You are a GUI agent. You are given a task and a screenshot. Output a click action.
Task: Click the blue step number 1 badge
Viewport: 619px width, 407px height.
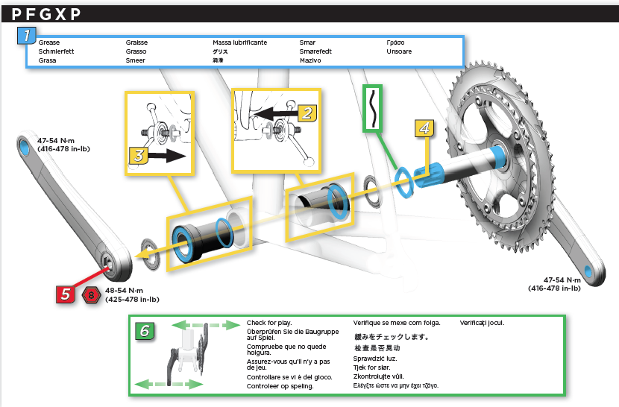click(26, 36)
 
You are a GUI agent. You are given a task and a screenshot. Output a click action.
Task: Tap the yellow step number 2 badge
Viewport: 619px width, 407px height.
click(307, 113)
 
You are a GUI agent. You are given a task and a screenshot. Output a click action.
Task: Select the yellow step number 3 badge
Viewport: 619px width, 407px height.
click(139, 156)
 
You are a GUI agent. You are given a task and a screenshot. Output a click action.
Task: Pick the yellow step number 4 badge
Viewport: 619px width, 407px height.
click(424, 128)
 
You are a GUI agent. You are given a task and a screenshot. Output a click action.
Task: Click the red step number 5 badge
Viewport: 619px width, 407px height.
click(65, 294)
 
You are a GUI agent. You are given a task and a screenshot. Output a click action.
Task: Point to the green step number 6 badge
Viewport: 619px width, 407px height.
click(145, 331)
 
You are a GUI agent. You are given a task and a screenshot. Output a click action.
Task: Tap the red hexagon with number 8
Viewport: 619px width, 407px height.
click(91, 295)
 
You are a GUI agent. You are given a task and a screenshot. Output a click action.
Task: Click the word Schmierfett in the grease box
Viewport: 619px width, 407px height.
click(56, 51)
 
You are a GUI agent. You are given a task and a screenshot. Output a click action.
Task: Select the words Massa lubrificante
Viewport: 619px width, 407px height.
click(239, 42)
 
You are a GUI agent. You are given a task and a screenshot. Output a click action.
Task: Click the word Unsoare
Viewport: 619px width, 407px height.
click(399, 51)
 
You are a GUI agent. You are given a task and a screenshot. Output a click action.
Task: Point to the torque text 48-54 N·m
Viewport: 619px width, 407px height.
click(124, 291)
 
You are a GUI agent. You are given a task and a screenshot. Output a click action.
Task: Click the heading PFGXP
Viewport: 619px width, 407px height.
click(46, 14)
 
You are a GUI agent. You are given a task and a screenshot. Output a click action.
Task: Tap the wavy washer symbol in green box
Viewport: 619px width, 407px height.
click(373, 108)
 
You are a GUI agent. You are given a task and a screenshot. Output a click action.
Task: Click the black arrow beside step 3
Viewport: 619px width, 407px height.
click(168, 156)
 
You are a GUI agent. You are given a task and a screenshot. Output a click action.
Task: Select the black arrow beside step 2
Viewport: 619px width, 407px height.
click(274, 114)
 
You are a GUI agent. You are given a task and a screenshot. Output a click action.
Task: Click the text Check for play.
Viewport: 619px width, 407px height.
click(269, 323)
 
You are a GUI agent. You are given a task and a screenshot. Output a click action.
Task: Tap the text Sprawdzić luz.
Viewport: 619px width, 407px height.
click(375, 359)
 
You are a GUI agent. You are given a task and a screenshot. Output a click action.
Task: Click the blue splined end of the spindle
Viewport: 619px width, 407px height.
click(428, 174)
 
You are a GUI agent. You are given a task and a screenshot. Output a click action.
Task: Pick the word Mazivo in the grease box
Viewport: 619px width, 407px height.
click(310, 60)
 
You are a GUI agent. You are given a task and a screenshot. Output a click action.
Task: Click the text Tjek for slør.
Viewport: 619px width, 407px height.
click(372, 367)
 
